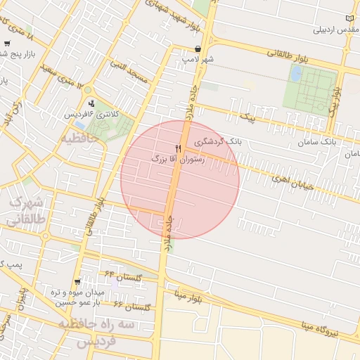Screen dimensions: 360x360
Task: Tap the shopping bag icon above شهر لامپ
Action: pos(200,50)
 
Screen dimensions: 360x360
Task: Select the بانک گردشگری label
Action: pos(218,141)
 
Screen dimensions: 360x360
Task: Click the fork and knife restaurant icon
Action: pos(178,148)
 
